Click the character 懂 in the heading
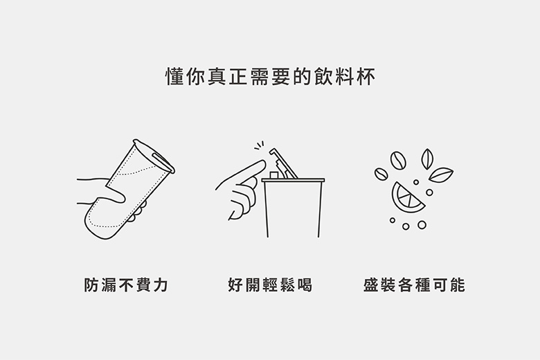click(174, 76)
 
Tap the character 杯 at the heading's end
click(366, 76)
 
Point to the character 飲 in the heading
click(323, 76)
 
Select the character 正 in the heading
click(238, 76)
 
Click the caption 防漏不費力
click(127, 285)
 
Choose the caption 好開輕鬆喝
click(270, 285)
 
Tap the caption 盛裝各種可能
click(414, 285)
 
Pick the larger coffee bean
click(398, 160)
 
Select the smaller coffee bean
click(381, 174)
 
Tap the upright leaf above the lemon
click(427, 159)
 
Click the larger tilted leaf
click(441, 174)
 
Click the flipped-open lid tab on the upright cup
click(283, 163)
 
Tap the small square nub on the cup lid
click(274, 175)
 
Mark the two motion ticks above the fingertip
click(260, 145)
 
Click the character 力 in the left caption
click(161, 285)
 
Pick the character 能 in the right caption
click(458, 285)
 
